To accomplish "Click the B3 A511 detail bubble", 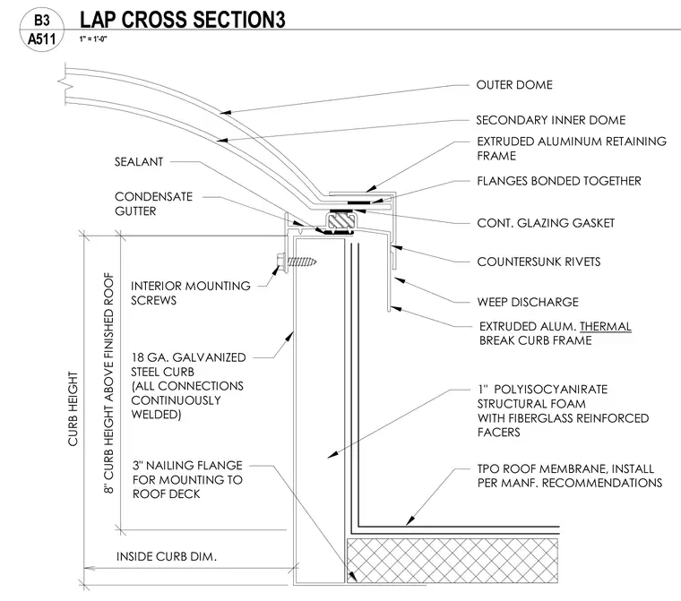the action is (42, 30).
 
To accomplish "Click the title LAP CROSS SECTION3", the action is (183, 20).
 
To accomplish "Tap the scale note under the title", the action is (93, 39).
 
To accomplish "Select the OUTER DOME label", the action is (514, 85).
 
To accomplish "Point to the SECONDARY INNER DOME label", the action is (551, 120).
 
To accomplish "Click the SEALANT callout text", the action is (139, 161).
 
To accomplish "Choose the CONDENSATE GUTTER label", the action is (153, 203).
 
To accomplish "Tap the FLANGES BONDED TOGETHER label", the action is (559, 181).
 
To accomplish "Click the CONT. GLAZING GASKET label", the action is (546, 223).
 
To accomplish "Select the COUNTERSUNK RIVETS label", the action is (539, 262).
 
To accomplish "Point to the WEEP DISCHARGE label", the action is (528, 302).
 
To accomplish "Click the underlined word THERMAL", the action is (606, 326).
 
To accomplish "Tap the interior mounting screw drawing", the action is (297, 262).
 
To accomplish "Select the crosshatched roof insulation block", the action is (453, 561).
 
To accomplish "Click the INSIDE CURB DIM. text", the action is (167, 556).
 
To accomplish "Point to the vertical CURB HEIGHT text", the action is (73, 408).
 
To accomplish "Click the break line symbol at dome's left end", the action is (63, 84).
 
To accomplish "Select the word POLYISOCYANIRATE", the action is (551, 389).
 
